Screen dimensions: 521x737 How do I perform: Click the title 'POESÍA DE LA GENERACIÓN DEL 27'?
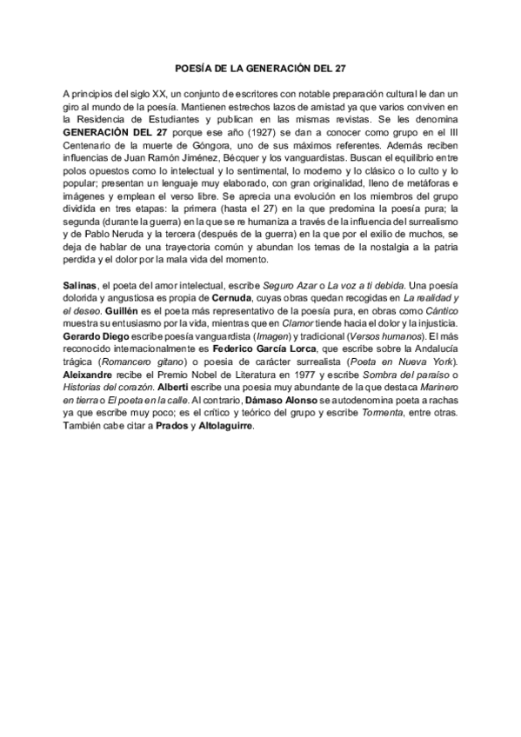pos(261,66)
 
